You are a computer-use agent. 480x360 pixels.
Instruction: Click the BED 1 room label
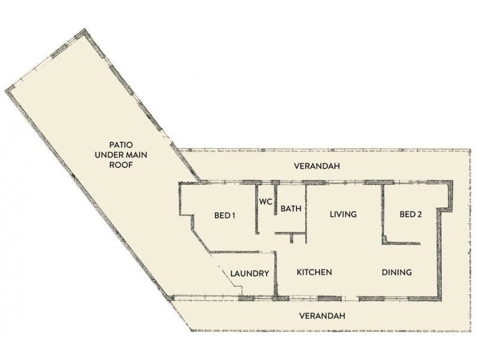[224, 216]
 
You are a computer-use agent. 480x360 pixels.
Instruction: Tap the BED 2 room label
[411, 214]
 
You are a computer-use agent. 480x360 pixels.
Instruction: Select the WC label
[266, 202]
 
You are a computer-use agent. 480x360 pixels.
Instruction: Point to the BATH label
[291, 209]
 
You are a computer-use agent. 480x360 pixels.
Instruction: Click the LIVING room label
[343, 214]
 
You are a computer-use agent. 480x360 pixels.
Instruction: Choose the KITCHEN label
[314, 272]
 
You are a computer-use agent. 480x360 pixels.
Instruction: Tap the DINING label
[397, 272]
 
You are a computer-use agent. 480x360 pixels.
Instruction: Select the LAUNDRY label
[249, 274]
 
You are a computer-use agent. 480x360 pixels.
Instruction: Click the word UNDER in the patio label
[108, 155]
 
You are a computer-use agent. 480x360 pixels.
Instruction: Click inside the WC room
[266, 219]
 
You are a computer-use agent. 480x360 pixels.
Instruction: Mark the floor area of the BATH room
[291, 222]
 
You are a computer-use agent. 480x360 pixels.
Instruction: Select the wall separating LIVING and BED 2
[382, 213]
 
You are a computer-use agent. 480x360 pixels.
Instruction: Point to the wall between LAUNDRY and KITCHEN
[276, 273]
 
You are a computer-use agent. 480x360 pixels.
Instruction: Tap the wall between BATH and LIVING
[307, 210]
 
